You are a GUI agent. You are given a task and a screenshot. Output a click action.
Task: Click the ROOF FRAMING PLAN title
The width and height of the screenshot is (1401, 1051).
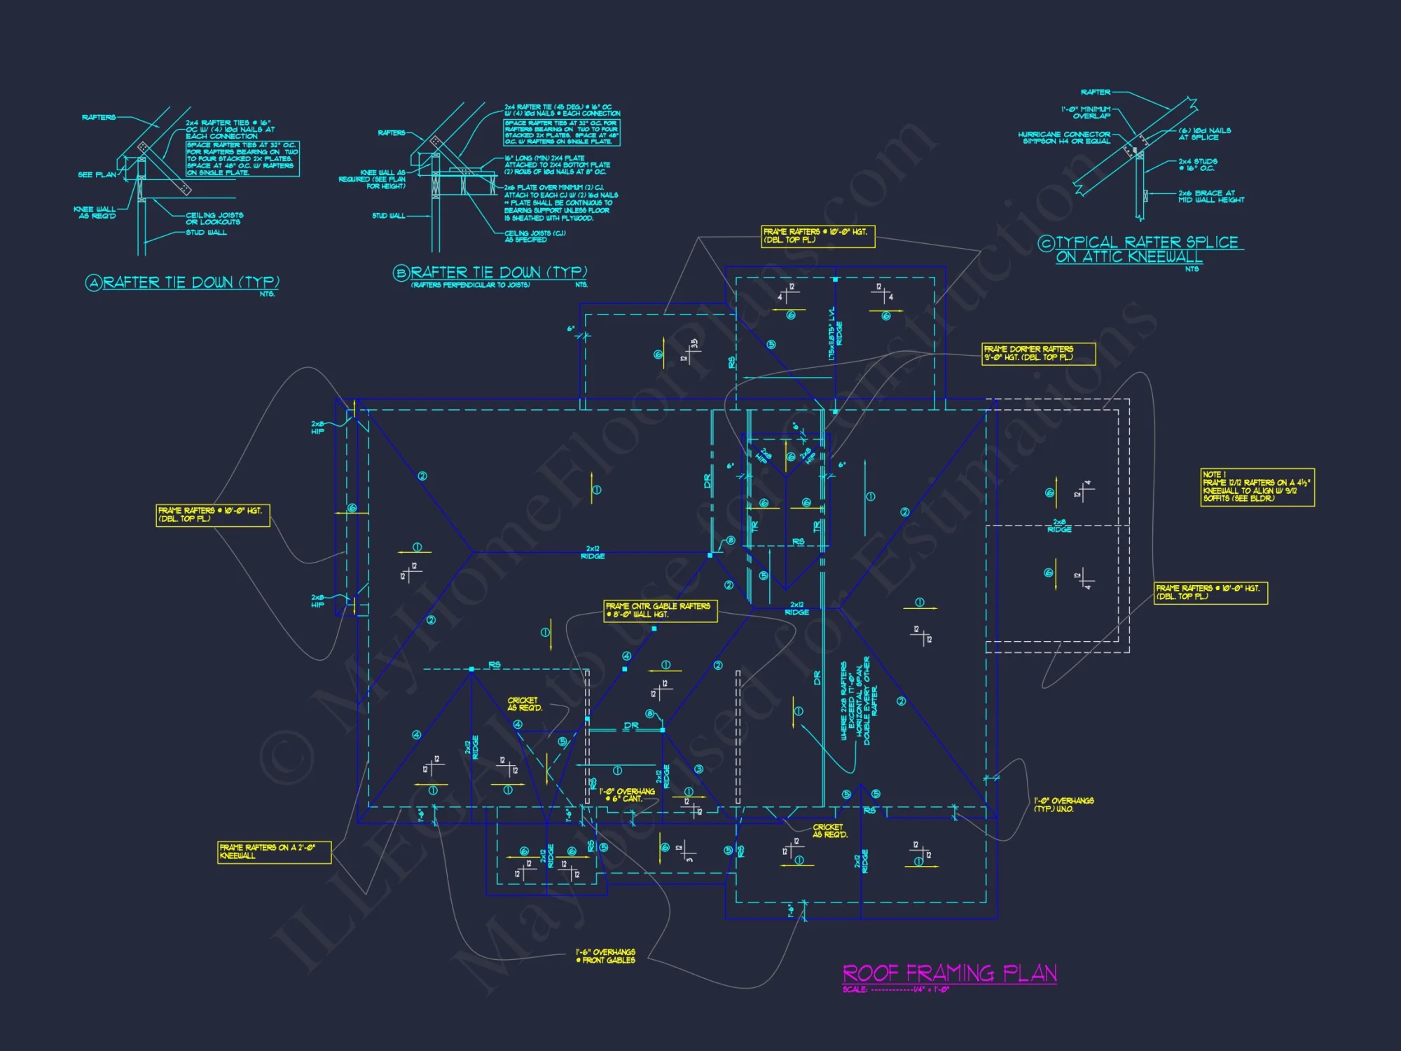pos(949,973)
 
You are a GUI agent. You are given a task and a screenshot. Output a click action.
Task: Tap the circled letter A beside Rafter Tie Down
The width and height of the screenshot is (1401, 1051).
pos(94,283)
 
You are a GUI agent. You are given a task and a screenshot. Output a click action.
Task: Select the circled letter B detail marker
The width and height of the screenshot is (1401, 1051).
pos(401,273)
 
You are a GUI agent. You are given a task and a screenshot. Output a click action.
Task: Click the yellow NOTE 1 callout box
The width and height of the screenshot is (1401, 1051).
pos(1257,487)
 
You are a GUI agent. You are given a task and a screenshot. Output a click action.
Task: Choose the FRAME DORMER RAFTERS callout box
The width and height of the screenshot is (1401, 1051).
pos(1038,353)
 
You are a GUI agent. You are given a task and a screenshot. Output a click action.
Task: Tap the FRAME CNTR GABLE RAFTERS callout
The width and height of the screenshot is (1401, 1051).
pos(660,610)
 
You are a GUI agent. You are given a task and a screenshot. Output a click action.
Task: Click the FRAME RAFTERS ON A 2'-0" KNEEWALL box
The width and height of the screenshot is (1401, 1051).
pos(274,851)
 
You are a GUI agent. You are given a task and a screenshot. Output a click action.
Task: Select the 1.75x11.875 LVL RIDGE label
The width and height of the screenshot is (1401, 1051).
pos(835,334)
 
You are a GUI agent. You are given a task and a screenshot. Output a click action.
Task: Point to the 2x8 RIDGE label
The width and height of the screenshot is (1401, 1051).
pos(1059,525)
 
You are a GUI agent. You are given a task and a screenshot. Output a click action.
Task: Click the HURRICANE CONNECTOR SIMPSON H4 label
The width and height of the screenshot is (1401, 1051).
pos(1064,137)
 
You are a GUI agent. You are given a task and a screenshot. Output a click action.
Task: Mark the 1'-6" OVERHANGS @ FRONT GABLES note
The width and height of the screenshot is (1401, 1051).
pos(605,956)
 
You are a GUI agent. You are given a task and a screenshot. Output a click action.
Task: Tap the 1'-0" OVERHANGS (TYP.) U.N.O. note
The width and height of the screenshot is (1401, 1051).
pos(1063,804)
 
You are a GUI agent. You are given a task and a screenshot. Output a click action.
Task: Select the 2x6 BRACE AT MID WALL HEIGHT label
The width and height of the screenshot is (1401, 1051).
pos(1210,196)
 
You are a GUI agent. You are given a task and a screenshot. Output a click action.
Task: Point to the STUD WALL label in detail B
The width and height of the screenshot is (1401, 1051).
pos(388,216)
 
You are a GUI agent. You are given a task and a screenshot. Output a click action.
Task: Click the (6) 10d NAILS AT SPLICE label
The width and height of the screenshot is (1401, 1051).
pos(1204,134)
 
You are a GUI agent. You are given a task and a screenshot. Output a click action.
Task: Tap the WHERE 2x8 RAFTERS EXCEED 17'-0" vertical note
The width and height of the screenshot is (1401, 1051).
pos(855,701)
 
